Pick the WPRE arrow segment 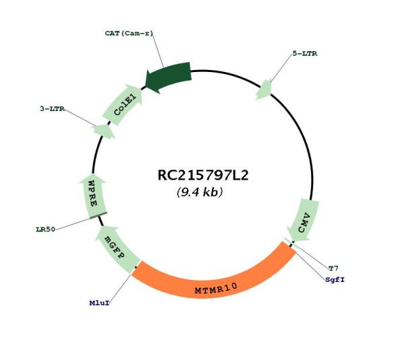tap(94, 196)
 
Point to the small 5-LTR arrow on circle tap(264, 90)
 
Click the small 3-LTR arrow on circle tap(104, 131)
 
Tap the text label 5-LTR tap(305, 54)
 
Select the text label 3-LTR tap(52, 108)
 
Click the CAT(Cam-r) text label tap(129, 33)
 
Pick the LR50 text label tap(46, 229)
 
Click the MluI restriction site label tap(100, 303)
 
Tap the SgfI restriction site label tap(335, 280)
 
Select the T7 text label tap(333, 268)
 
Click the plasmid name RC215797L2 tap(203, 175)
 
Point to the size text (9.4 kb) tap(200, 192)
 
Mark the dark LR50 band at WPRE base tap(98, 215)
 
